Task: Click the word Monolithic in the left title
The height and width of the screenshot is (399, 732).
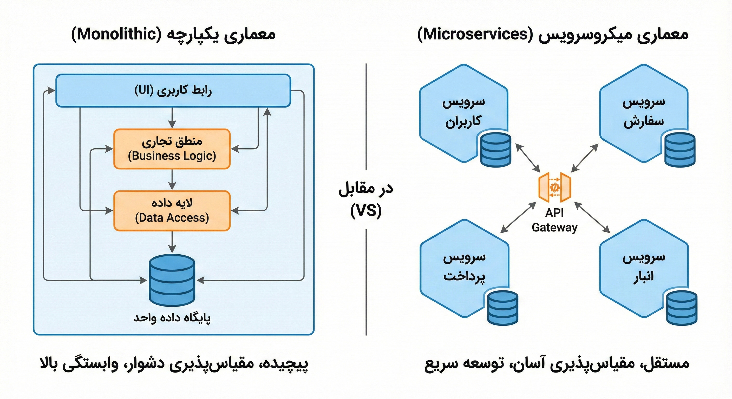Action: (x=116, y=35)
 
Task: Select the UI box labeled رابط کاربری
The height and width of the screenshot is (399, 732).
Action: (x=173, y=91)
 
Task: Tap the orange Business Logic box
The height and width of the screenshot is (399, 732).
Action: (x=172, y=149)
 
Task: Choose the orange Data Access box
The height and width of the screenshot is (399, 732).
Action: (x=172, y=211)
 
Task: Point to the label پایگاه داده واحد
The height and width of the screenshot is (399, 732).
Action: (x=172, y=317)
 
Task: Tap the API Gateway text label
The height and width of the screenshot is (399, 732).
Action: (x=554, y=220)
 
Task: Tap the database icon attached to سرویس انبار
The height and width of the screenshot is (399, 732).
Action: (x=681, y=308)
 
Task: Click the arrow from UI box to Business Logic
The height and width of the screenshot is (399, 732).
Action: (x=172, y=118)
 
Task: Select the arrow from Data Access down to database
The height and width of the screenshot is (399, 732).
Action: (x=172, y=241)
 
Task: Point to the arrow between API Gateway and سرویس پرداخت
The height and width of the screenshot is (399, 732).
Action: (x=518, y=218)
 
